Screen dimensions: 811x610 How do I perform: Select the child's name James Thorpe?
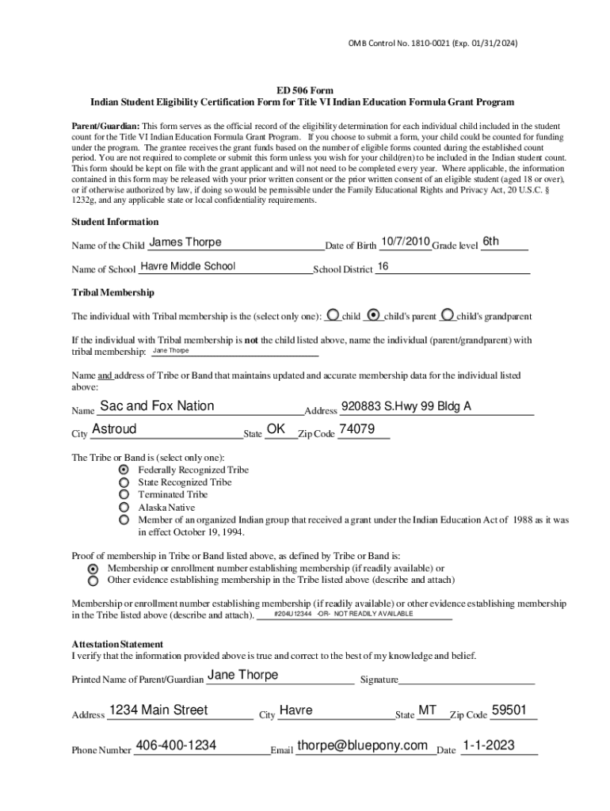(185, 242)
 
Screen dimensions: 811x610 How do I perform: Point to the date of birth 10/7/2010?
(405, 242)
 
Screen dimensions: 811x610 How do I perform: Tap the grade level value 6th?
(491, 242)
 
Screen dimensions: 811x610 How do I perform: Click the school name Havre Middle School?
(188, 266)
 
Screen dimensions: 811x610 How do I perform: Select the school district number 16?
(383, 267)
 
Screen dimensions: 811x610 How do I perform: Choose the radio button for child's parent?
(376, 314)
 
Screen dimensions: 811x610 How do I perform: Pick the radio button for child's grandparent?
(448, 314)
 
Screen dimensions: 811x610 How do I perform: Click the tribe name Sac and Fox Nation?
(157, 406)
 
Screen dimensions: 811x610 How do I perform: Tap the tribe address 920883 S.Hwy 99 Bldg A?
(406, 406)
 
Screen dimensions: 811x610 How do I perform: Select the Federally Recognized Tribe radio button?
(124, 470)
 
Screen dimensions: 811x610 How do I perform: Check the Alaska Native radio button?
(124, 507)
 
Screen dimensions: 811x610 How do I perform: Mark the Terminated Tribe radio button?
(124, 494)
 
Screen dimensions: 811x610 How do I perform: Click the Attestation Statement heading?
(117, 644)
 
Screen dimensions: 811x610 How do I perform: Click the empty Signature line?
(467, 680)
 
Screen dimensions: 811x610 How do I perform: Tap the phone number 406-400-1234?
(177, 745)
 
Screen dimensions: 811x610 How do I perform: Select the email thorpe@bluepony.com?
(362, 745)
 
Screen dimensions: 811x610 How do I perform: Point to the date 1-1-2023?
(489, 745)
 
